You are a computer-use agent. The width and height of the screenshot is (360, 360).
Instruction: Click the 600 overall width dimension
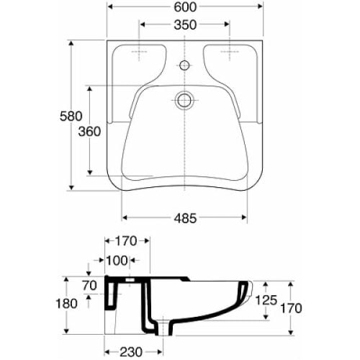[x=185, y=7]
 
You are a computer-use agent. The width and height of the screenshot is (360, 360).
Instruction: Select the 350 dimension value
[x=185, y=25]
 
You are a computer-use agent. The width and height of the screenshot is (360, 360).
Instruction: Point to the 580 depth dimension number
[x=71, y=117]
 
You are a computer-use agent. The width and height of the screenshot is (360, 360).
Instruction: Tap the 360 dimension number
[x=89, y=132]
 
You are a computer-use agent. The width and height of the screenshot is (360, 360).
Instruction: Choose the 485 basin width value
[x=185, y=219]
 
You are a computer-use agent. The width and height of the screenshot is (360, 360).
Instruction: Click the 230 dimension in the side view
[x=131, y=352]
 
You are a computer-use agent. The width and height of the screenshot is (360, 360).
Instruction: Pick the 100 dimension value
[x=117, y=261]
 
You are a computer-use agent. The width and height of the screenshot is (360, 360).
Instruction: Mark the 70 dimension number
[x=89, y=286]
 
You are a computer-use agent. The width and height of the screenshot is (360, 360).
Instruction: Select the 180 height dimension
[x=66, y=304]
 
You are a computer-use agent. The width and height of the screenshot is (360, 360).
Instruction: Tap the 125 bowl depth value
[x=266, y=300]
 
